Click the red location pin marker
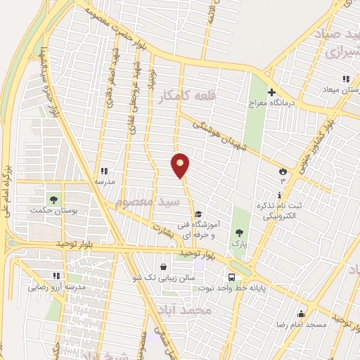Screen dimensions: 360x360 coord(181,165)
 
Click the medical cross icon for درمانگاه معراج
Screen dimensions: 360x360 coord(271,91)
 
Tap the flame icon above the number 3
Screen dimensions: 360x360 coord(283,170)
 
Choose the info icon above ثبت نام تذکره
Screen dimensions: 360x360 coord(280,195)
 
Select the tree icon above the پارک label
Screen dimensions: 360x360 coord(240,232)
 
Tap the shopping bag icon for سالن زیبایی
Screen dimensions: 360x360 coord(164,266)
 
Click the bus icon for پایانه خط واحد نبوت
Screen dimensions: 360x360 coord(231,276)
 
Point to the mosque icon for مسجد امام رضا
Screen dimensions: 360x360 coord(302,314)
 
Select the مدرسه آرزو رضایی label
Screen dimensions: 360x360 coord(56,287)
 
